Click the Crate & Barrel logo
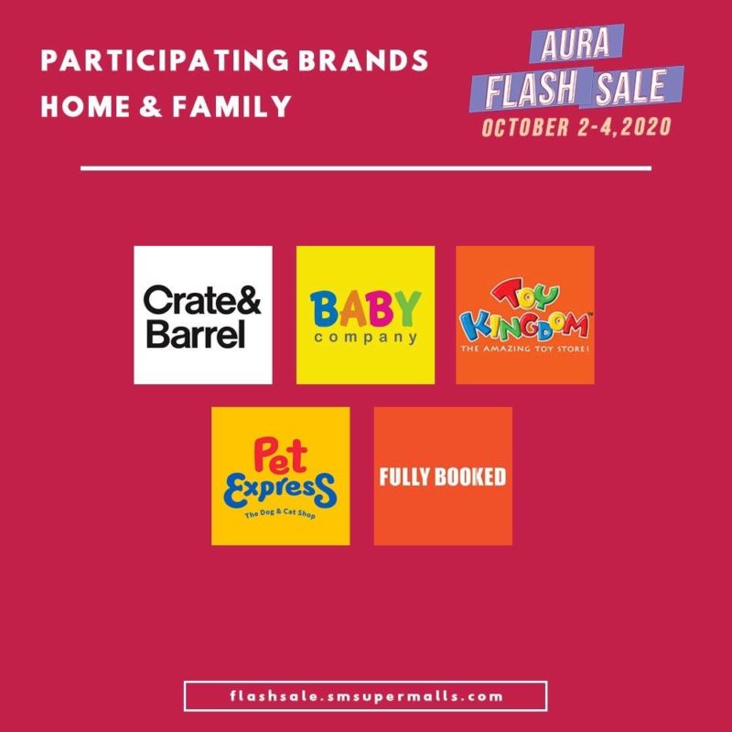point(203,315)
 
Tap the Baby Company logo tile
point(365,315)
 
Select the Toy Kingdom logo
point(525,315)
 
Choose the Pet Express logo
point(281,476)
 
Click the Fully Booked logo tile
point(443,476)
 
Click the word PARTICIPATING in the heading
point(165,60)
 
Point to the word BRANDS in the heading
point(363,60)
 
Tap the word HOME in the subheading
point(85,106)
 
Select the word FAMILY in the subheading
point(231,106)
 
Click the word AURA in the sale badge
point(576,44)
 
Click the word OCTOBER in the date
point(525,127)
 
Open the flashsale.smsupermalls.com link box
point(365,696)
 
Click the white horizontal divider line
point(366,168)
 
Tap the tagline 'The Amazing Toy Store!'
point(525,349)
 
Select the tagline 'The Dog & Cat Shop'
point(280,513)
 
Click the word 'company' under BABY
point(366,338)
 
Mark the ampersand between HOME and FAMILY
point(151,106)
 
